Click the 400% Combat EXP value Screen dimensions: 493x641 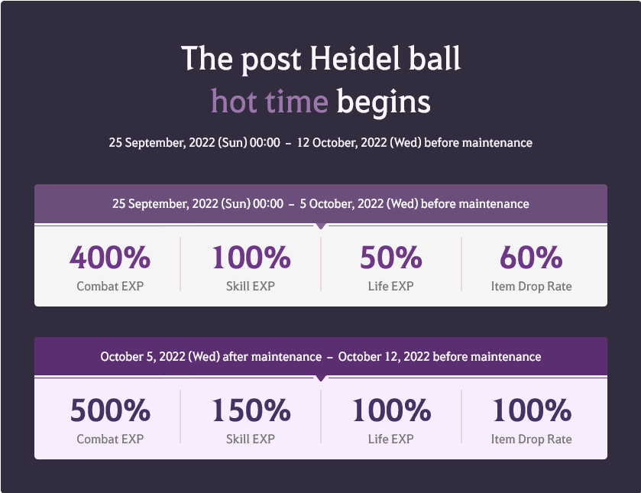[110, 258]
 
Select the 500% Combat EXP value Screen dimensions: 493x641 [110, 411]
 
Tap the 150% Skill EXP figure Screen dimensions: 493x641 [251, 411]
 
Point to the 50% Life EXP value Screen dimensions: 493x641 [391, 258]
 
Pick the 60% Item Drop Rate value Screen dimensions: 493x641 [531, 258]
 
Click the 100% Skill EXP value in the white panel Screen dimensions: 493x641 [251, 258]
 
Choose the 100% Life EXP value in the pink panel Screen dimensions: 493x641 [391, 411]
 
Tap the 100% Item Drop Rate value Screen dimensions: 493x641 [531, 411]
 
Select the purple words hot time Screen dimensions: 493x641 [270, 102]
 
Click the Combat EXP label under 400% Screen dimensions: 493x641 [110, 287]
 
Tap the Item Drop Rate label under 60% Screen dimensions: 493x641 [531, 287]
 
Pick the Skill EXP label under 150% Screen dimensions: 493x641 [251, 439]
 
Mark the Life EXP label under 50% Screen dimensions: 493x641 [391, 287]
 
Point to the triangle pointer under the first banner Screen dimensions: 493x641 [321, 226]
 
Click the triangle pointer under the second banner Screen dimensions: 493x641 [321, 379]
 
